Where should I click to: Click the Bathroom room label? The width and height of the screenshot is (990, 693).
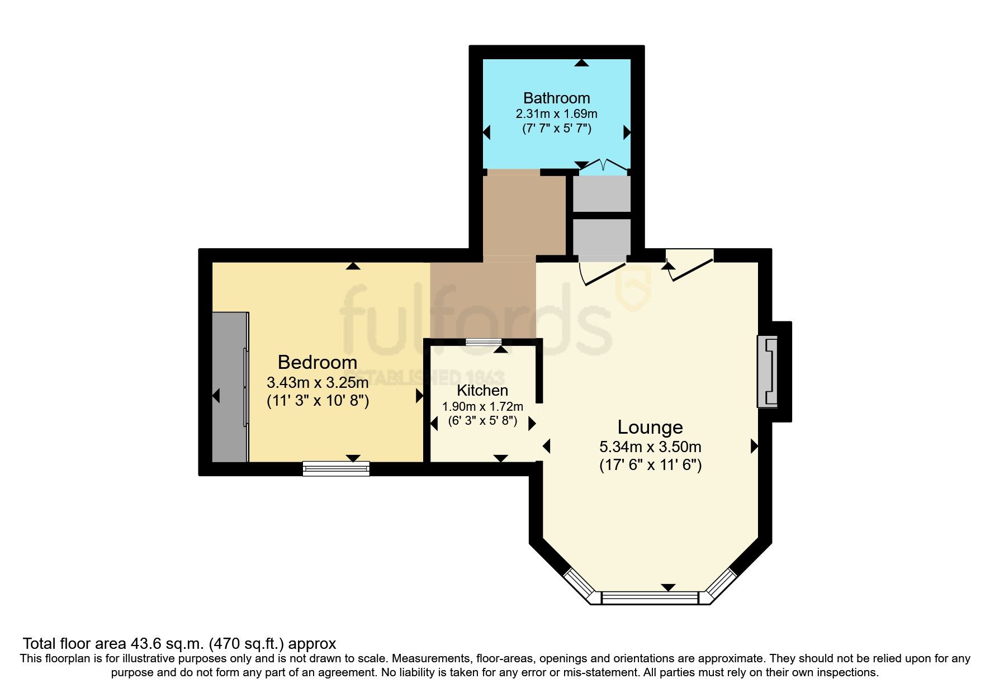pyautogui.click(x=556, y=98)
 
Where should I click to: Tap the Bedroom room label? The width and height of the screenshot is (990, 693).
pyautogui.click(x=317, y=362)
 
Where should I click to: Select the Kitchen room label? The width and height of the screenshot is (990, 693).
pyautogui.click(x=482, y=390)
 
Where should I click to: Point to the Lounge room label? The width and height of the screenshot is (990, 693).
pyautogui.click(x=650, y=427)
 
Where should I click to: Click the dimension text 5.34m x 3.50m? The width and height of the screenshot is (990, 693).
pyautogui.click(x=650, y=447)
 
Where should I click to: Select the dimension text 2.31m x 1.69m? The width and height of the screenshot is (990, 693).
pyautogui.click(x=556, y=113)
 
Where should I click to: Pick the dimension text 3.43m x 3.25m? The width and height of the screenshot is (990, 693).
pyautogui.click(x=317, y=383)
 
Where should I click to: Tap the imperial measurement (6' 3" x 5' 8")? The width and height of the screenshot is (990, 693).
pyautogui.click(x=482, y=421)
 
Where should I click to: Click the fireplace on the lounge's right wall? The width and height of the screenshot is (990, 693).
pyautogui.click(x=768, y=371)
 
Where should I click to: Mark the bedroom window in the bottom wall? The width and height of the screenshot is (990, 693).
pyautogui.click(x=336, y=468)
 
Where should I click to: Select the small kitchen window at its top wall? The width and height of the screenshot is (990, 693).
pyautogui.click(x=484, y=342)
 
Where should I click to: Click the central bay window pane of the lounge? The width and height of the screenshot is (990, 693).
pyautogui.click(x=650, y=597)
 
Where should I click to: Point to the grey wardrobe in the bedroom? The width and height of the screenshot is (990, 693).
pyautogui.click(x=230, y=387)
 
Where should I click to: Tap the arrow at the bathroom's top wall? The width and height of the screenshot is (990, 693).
pyautogui.click(x=582, y=63)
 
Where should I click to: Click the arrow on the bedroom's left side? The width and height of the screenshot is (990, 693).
pyautogui.click(x=216, y=396)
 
